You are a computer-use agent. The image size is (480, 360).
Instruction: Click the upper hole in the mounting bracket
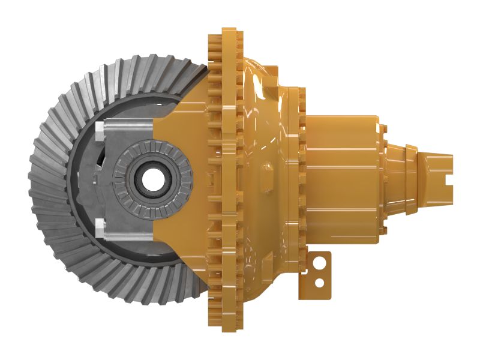coord(322,262)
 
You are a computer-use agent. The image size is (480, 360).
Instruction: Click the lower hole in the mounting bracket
coord(321,281)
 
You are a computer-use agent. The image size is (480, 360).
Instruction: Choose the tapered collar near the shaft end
coord(411,178)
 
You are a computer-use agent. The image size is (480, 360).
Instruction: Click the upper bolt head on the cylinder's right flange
coord(384,130)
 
